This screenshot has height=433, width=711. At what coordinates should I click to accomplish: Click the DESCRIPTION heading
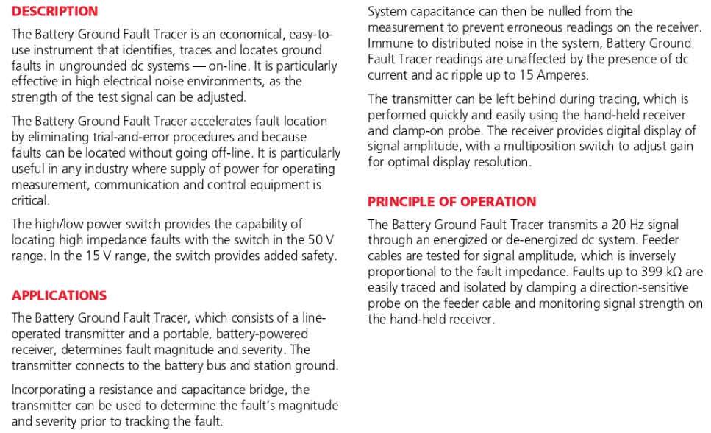54,12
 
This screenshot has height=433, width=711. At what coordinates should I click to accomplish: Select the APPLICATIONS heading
59,295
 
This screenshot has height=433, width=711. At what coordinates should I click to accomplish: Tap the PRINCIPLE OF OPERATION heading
451,202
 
